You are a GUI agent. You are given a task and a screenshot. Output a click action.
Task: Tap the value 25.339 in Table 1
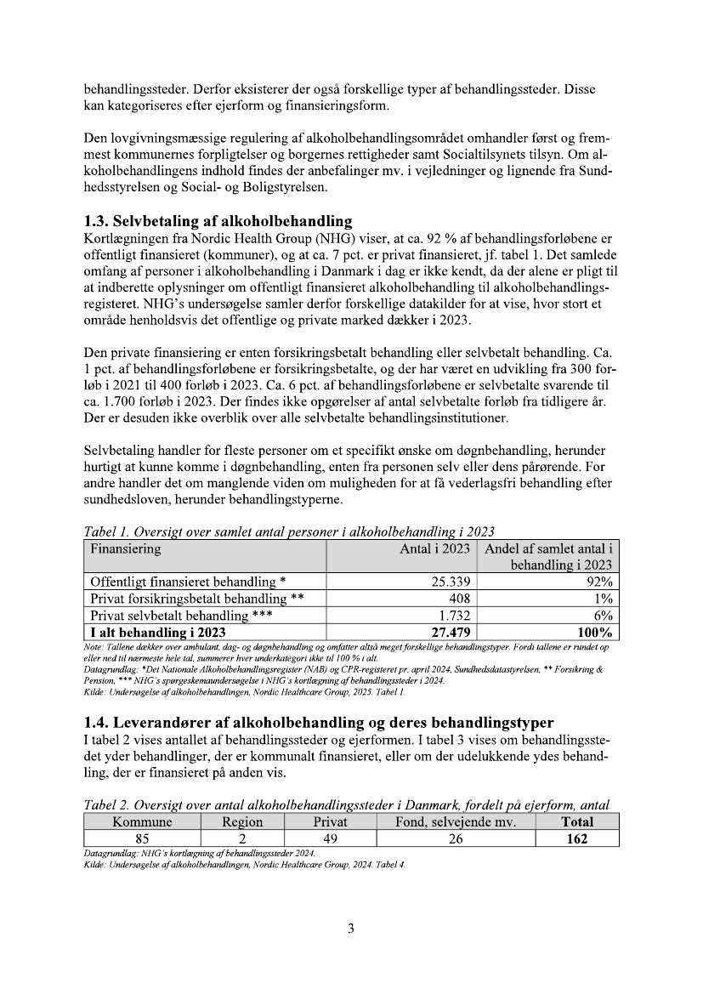point(447,582)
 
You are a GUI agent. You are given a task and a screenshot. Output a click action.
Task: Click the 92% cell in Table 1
point(598,582)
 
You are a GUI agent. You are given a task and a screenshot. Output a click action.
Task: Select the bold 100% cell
point(592,632)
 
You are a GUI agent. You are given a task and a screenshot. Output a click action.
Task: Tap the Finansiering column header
point(126,549)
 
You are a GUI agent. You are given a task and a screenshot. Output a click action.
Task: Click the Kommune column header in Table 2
point(142,822)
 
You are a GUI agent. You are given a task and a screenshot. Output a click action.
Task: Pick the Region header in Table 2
point(242,822)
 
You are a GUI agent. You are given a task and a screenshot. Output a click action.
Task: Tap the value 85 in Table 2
point(142,838)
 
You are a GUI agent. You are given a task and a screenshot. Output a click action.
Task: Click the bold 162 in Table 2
point(577,838)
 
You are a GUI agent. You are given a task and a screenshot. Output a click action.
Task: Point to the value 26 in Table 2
point(456,838)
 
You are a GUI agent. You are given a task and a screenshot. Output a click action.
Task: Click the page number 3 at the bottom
point(351,928)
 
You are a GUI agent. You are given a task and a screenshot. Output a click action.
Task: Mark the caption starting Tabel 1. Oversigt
point(289,532)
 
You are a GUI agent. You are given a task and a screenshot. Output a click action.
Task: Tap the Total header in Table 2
point(577,822)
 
